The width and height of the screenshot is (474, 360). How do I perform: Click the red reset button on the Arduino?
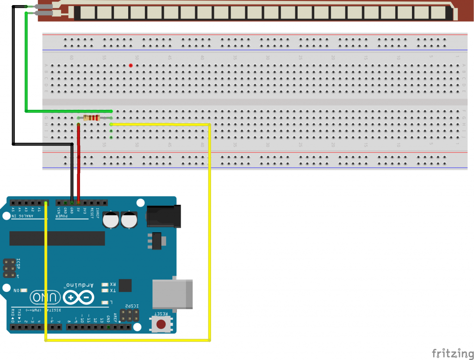click(x=161, y=324)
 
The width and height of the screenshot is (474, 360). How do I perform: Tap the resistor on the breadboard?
click(x=95, y=118)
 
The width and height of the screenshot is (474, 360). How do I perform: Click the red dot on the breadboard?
click(x=131, y=65)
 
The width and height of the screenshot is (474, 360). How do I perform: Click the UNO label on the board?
click(x=46, y=297)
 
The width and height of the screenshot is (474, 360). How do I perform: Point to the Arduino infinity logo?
click(x=78, y=297)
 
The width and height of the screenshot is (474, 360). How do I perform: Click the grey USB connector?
click(x=173, y=294)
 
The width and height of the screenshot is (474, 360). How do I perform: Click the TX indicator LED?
click(x=105, y=291)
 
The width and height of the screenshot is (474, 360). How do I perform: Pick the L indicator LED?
click(x=105, y=302)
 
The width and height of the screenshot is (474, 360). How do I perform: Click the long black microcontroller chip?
click(x=57, y=238)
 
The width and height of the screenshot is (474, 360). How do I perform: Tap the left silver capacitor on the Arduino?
click(x=112, y=220)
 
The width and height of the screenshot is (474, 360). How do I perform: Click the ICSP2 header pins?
click(x=130, y=317)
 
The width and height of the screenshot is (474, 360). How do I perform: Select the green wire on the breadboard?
click(x=69, y=111)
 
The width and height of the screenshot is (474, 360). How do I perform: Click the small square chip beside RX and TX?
click(x=125, y=285)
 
